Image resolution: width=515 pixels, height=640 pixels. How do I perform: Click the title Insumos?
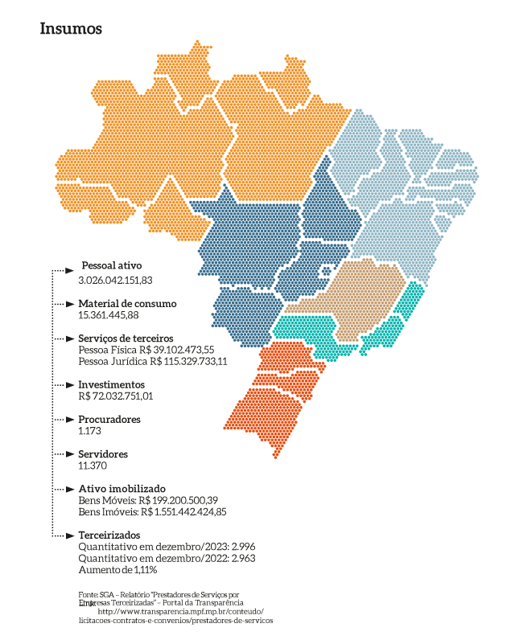pyautogui.click(x=71, y=29)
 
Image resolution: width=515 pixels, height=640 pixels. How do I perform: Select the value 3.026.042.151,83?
pyautogui.click(x=115, y=280)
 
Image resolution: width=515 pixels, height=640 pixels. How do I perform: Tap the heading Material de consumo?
pyautogui.click(x=127, y=304)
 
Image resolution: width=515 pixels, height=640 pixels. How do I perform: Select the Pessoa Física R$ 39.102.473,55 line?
pyautogui.click(x=146, y=351)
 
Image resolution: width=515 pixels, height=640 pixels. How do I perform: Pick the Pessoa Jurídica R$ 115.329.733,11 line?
pyautogui.click(x=153, y=362)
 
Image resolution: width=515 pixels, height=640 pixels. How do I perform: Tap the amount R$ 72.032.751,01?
pyautogui.click(x=115, y=396)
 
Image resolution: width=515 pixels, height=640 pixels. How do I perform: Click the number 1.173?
pyautogui.click(x=89, y=431)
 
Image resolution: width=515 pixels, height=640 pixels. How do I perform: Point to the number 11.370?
pyautogui.click(x=93, y=466)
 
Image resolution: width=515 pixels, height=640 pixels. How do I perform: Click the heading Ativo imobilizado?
pyautogui.click(x=122, y=489)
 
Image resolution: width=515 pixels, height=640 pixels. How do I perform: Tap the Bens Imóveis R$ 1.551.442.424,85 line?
pyautogui.click(x=152, y=511)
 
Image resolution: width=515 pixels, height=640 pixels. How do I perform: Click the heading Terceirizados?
pyautogui.click(x=109, y=535)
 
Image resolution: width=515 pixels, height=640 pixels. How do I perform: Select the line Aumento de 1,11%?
pyautogui.click(x=117, y=569)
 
